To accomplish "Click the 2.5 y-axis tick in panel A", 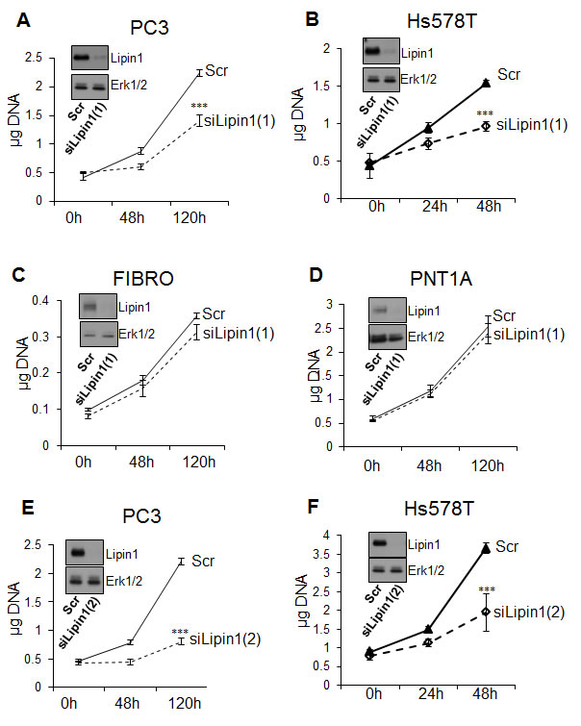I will click(x=35, y=59).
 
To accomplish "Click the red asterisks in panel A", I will click(x=199, y=107).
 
